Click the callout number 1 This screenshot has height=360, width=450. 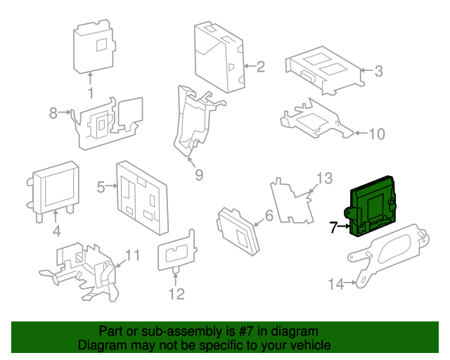pyautogui.click(x=90, y=94)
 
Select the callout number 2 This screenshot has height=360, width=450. pyautogui.click(x=260, y=67)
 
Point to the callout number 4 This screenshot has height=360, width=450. pyautogui.click(x=56, y=231)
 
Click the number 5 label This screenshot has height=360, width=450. pyautogui.click(x=101, y=186)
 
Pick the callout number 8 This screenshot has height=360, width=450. pyautogui.click(x=53, y=112)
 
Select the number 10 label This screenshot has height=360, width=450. pyautogui.click(x=378, y=134)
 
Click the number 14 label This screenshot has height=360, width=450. pyautogui.click(x=337, y=284)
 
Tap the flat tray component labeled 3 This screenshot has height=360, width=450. pyautogui.click(x=323, y=69)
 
